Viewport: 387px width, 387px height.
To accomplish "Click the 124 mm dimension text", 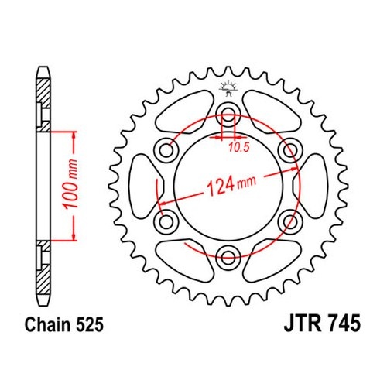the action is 231,185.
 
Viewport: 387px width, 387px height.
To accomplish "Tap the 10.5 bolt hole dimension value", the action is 239,147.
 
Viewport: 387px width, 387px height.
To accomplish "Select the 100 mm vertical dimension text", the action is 70,183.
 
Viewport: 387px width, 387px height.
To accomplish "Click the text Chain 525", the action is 64,324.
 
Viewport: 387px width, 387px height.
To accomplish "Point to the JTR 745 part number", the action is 322,324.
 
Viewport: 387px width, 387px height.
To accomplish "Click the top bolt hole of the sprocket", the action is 228,115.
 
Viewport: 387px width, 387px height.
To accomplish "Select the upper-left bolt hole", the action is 166,150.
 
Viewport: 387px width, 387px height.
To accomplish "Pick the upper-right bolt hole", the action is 290,150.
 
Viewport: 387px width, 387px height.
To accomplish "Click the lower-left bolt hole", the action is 166,221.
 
